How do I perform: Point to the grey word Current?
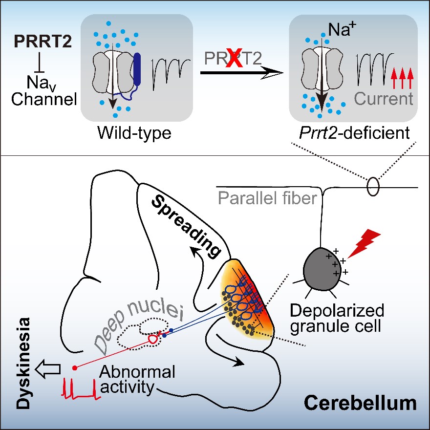tap(384, 99)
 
